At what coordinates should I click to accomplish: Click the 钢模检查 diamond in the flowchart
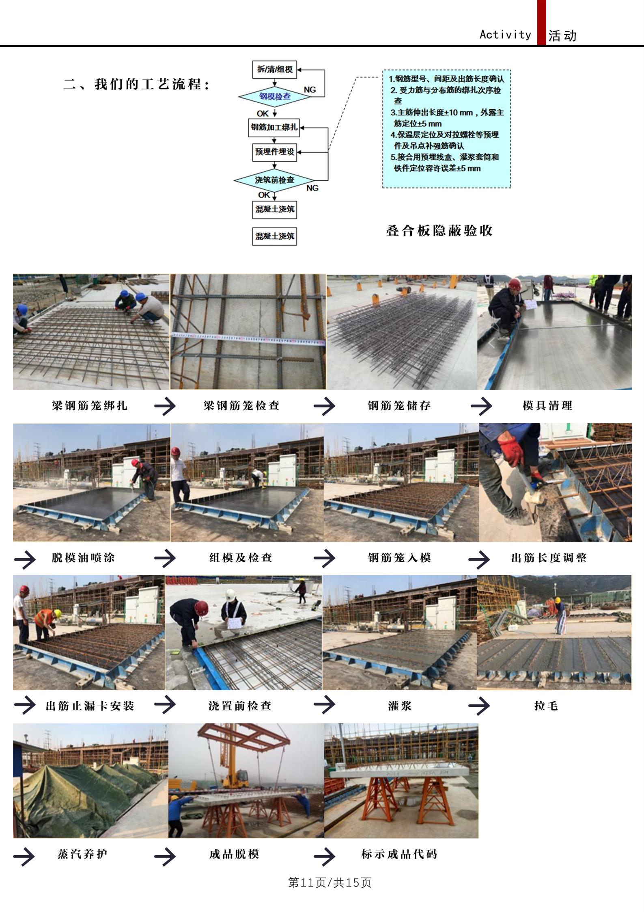tap(275, 97)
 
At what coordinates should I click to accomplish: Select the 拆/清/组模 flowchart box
tap(275, 69)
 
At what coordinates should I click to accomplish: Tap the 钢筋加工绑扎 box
tap(274, 127)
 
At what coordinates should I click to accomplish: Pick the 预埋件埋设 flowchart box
tap(275, 152)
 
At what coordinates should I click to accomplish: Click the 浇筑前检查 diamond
tap(274, 180)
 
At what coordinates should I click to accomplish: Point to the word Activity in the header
tap(505, 35)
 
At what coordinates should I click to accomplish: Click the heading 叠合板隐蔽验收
tap(439, 231)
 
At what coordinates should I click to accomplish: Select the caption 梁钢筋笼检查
tap(241, 405)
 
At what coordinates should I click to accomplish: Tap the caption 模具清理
tap(547, 405)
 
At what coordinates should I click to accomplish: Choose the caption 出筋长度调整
tap(549, 558)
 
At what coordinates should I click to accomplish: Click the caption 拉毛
tap(546, 706)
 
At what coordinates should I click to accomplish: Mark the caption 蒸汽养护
tap(82, 854)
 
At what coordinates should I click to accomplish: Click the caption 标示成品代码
tap(399, 854)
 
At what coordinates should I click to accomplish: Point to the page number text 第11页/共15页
tap(330, 882)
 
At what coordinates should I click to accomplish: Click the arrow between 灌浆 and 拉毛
tap(479, 706)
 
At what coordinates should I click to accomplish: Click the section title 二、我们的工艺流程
tap(137, 84)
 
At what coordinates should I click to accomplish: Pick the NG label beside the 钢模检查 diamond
tap(310, 90)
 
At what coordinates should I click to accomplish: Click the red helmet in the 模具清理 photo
tap(515, 284)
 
